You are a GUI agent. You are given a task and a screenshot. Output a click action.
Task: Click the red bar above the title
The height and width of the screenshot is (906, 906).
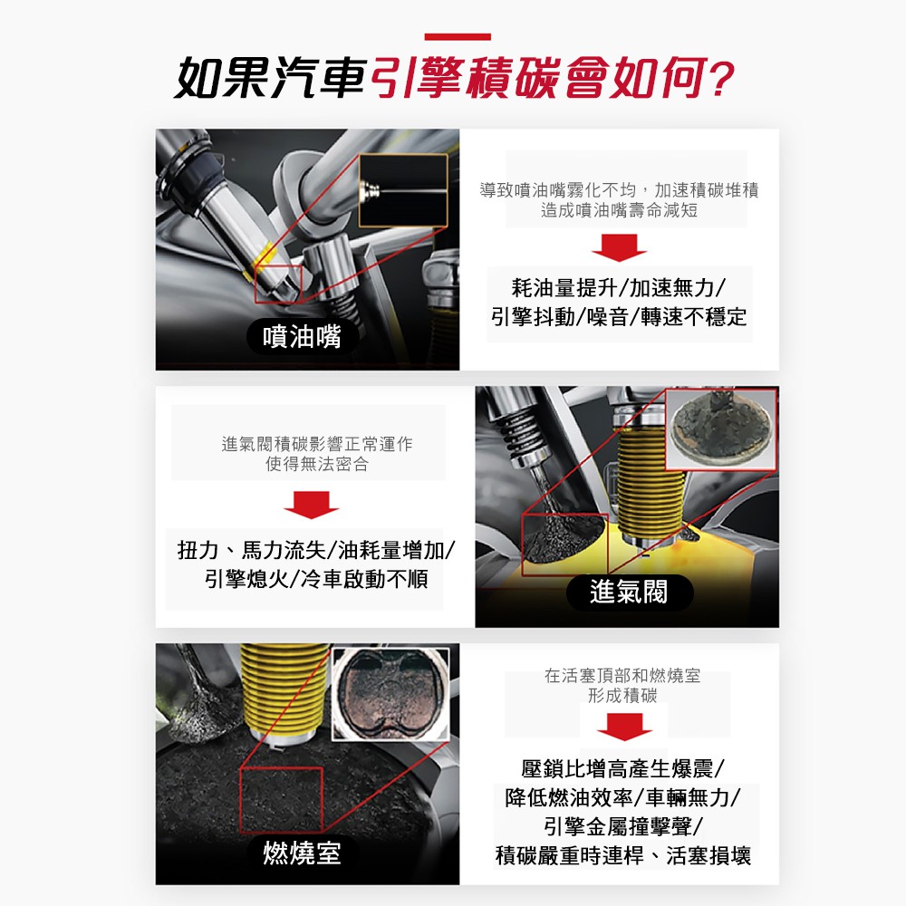point(457,37)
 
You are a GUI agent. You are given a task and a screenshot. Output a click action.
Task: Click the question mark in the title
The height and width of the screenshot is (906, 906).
point(720,78)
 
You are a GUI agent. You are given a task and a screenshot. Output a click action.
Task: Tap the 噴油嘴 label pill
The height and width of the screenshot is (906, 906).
point(303,336)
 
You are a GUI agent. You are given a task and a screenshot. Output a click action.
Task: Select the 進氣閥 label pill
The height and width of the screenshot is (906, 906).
point(630,593)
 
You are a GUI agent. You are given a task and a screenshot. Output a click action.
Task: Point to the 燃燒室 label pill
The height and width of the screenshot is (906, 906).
point(303,853)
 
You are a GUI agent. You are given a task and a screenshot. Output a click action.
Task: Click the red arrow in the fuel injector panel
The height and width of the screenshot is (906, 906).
point(619,247)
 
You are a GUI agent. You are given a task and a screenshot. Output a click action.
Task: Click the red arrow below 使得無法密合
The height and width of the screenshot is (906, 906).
point(311,505)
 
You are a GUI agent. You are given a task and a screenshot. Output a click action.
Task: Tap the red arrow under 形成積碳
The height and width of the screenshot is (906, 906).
point(624,727)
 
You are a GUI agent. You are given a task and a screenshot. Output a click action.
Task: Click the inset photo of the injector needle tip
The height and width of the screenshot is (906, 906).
point(403,190)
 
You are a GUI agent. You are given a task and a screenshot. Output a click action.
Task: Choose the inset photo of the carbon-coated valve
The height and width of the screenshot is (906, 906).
point(721,429)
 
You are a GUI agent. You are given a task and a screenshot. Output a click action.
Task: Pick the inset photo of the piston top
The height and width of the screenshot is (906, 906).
point(391,694)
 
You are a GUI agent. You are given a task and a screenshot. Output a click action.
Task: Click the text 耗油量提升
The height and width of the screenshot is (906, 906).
point(564,287)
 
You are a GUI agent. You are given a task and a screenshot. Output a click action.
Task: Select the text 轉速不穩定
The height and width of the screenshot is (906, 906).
point(693,316)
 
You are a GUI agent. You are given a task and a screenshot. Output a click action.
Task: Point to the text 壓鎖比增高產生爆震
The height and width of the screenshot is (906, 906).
point(617,769)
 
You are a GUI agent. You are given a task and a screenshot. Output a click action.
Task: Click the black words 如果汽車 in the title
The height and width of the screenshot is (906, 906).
point(270,78)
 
